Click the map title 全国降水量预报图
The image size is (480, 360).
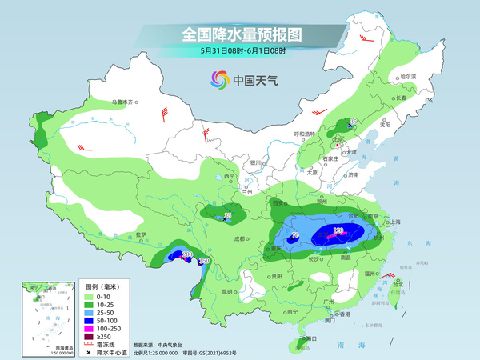[x=240, y=34]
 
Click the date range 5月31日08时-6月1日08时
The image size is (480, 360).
[x=240, y=50]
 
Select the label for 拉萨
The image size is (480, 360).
[x=141, y=235]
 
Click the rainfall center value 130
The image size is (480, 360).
[x=338, y=230]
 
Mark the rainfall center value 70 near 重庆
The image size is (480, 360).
[x=295, y=234]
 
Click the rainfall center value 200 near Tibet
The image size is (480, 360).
[x=188, y=254]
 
